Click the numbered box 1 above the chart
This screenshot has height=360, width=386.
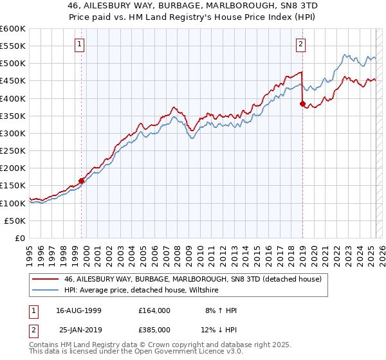pyautogui.click(x=79, y=44)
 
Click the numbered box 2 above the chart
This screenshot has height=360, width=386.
pyautogui.click(x=300, y=44)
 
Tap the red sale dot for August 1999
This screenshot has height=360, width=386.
pyautogui.click(x=82, y=181)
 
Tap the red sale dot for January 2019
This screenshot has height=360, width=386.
pyautogui.click(x=302, y=104)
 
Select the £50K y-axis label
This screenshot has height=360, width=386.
pyautogui.click(x=15, y=221)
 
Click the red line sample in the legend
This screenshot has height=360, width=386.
pyautogui.click(x=45, y=279)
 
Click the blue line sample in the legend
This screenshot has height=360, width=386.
pyautogui.click(x=45, y=291)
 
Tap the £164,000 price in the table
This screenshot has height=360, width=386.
pyautogui.click(x=154, y=310)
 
